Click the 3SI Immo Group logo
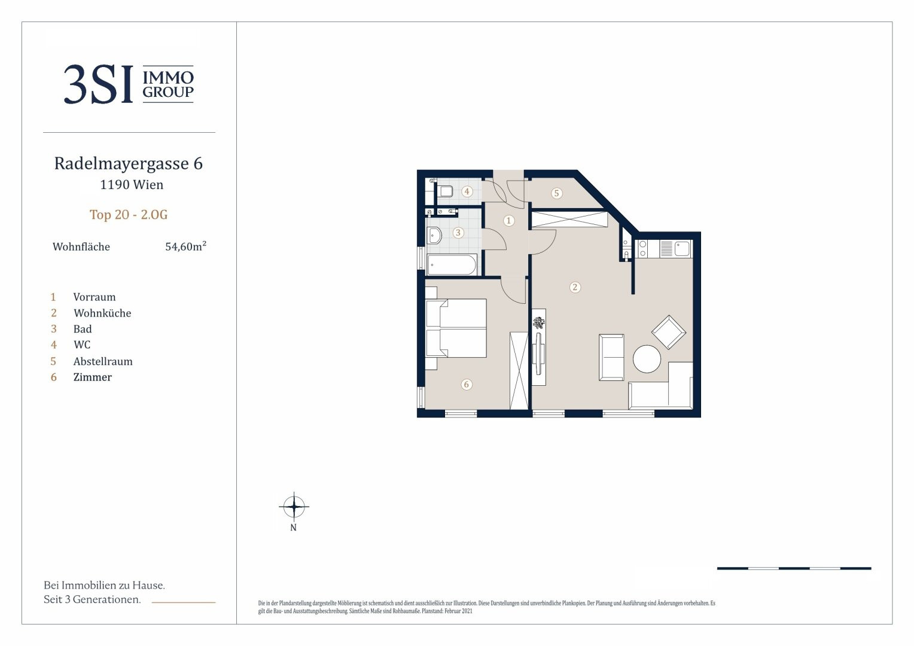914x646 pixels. pyautogui.click(x=129, y=84)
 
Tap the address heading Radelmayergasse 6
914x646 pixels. pyautogui.click(x=129, y=163)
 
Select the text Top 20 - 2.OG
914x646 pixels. pyautogui.click(x=129, y=214)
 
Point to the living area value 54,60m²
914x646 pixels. pyautogui.click(x=185, y=246)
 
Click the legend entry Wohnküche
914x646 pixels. pyautogui.click(x=102, y=313)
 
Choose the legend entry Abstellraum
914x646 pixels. pyautogui.click(x=103, y=361)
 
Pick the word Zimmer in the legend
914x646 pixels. pyautogui.click(x=93, y=377)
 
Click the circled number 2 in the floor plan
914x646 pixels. pyautogui.click(x=575, y=287)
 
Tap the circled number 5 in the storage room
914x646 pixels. pyautogui.click(x=556, y=193)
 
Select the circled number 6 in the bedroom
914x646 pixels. pyautogui.click(x=467, y=385)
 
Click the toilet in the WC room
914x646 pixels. pyautogui.click(x=445, y=191)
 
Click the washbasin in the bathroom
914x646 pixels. pyautogui.click(x=434, y=236)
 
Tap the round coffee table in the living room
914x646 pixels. pyautogui.click(x=647, y=359)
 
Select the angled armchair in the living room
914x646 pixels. pyautogui.click(x=668, y=332)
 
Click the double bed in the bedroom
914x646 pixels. pyautogui.click(x=456, y=328)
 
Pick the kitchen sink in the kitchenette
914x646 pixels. pyautogui.click(x=682, y=248)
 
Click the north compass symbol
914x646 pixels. pyautogui.click(x=294, y=507)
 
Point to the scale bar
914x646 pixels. pyautogui.click(x=794, y=568)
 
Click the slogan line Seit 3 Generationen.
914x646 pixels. pyautogui.click(x=92, y=599)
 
